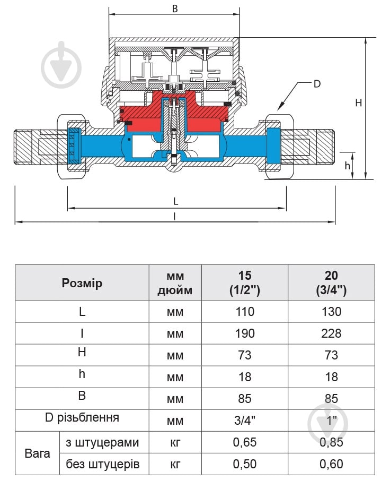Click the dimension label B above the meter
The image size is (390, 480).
point(174,8)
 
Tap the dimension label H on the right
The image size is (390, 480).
point(358,103)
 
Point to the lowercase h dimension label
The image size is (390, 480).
point(348,166)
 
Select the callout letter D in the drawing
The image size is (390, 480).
point(317,83)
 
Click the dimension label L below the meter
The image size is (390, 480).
point(176,201)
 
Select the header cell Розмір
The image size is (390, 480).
point(82,283)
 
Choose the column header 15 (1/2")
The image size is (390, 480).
point(244,283)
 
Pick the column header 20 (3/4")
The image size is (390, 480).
point(331,283)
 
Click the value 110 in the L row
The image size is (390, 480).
point(244,312)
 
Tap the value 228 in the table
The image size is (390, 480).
point(331,333)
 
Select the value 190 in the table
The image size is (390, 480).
point(244,333)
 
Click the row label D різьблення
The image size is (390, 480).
point(82,417)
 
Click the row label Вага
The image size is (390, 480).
point(37,453)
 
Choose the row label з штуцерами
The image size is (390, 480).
point(103,442)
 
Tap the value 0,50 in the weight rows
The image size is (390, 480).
point(244,464)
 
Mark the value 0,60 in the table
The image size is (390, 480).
point(331,464)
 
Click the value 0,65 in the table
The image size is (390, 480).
point(244,442)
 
